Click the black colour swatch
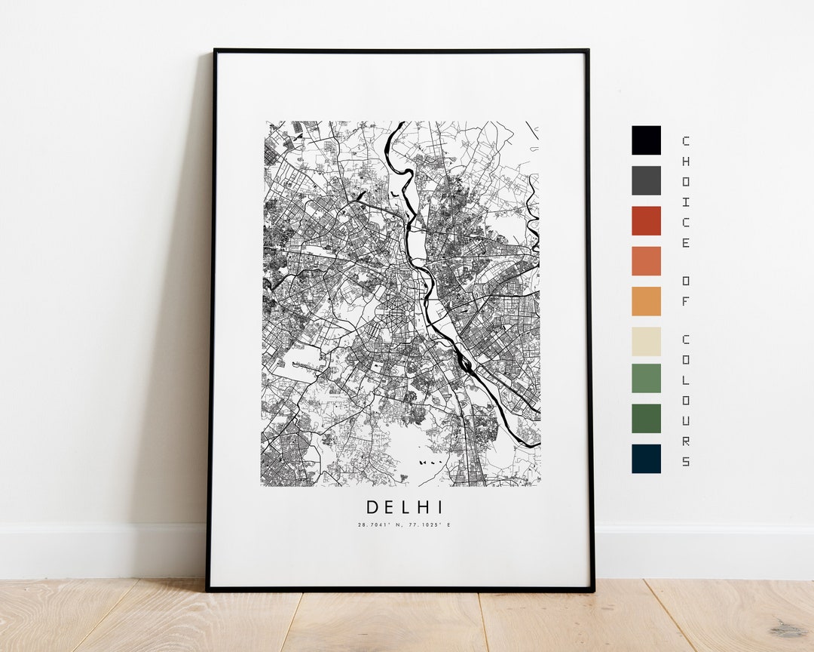pos(646,140)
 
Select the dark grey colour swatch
pos(646,180)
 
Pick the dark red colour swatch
pos(646,220)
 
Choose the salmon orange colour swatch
pos(646,261)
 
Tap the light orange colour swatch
pos(646,301)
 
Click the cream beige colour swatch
pos(646,341)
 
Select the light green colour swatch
pos(646,378)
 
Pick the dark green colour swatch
pos(646,418)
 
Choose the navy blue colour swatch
pos(646,458)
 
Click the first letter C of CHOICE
pos(685,141)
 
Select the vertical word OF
pos(685,290)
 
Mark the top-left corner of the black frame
pos(216,51)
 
